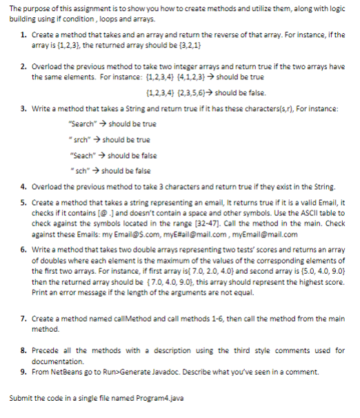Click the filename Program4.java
[161, 399]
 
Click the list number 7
[23, 318]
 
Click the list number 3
[23, 110]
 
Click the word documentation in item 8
[58, 361]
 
